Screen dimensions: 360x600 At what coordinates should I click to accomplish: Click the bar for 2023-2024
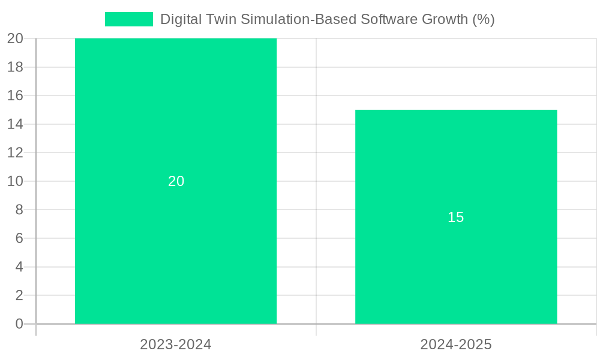[x=176, y=120]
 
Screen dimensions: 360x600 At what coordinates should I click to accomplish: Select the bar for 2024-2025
[x=456, y=270]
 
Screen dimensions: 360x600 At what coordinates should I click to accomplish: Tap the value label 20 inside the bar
[x=176, y=181]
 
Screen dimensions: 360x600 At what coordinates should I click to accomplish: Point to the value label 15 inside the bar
[x=456, y=217]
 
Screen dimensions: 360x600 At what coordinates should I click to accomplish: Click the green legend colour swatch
[x=128, y=19]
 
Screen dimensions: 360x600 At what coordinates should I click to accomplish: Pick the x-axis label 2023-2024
[x=176, y=344]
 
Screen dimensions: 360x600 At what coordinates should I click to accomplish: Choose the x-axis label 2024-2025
[x=456, y=344]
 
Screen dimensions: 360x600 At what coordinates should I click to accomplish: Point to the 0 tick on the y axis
[x=19, y=324]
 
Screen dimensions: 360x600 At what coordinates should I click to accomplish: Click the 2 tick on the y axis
[x=19, y=295]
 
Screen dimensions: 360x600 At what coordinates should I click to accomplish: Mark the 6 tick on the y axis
[x=19, y=238]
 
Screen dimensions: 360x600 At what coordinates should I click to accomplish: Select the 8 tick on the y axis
[x=19, y=210]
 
